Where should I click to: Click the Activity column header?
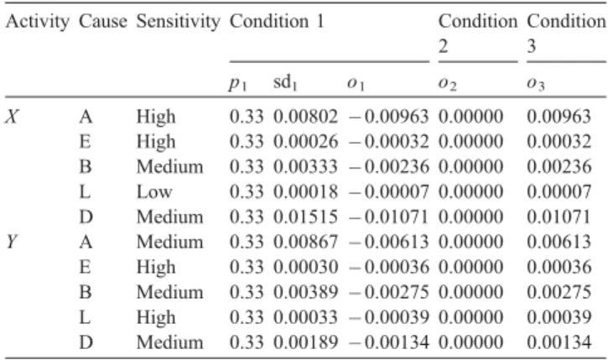37,22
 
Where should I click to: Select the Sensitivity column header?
179,22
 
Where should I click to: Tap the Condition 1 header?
277,21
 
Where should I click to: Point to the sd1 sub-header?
285,83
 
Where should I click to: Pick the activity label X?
13,117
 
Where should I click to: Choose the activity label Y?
12,242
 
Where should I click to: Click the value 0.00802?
305,117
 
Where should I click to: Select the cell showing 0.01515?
305,217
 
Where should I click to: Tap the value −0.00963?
388,117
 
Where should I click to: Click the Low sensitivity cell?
154,192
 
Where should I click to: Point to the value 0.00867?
305,242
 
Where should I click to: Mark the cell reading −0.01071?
388,217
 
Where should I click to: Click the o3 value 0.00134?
559,342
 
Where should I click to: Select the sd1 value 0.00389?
305,292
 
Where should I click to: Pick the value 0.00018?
305,192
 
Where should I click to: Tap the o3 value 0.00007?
559,192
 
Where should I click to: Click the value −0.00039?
388,317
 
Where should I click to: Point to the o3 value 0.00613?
559,242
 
